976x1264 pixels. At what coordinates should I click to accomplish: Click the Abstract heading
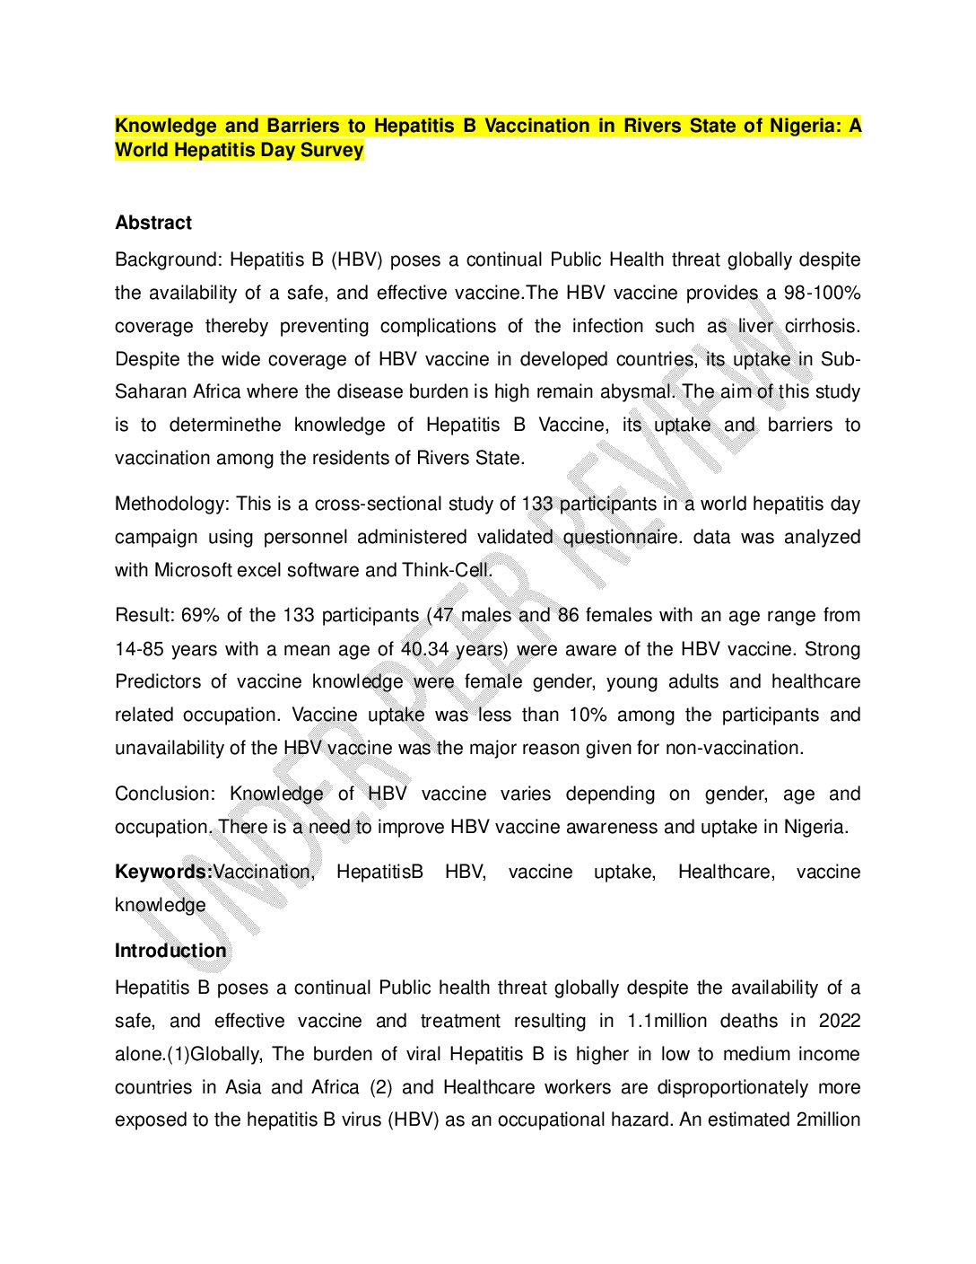click(153, 223)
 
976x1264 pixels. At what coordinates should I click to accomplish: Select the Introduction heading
click(170, 951)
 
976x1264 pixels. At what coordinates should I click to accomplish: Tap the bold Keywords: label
click(163, 872)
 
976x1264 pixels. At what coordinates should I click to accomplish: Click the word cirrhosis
click(822, 326)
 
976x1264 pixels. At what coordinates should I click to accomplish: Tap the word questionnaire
click(622, 537)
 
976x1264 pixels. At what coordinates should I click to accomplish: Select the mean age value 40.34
click(425, 649)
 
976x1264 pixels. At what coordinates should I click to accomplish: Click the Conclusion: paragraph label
click(165, 794)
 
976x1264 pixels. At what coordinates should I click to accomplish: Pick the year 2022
click(840, 1021)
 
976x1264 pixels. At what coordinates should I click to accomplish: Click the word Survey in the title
click(332, 150)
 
